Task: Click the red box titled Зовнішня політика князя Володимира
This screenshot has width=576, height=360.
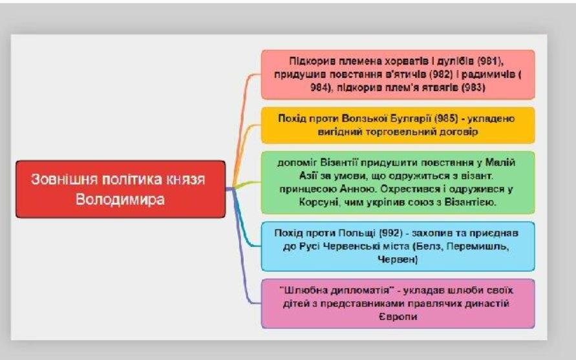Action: [x=121, y=189]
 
